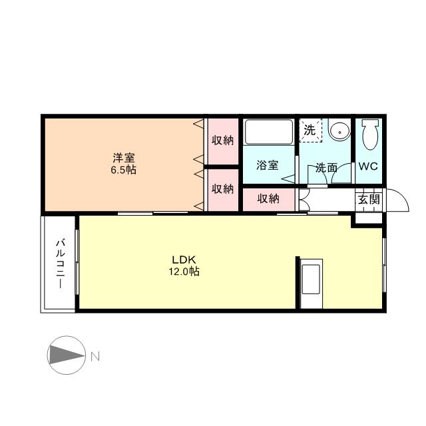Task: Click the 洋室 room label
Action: pyautogui.click(x=123, y=158)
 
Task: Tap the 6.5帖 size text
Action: pyautogui.click(x=123, y=170)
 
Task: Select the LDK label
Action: pyautogui.click(x=183, y=260)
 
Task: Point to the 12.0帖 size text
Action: pyautogui.click(x=183, y=272)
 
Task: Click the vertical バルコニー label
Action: pyautogui.click(x=59, y=263)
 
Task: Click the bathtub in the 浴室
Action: pyautogui.click(x=268, y=132)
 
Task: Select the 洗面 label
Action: pyautogui.click(x=325, y=168)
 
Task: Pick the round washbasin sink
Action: pyautogui.click(x=339, y=130)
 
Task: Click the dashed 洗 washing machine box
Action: pyautogui.click(x=310, y=130)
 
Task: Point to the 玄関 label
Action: pyautogui.click(x=369, y=199)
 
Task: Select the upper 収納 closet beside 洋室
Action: pyautogui.click(x=223, y=140)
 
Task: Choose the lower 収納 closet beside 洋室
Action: pyautogui.click(x=223, y=189)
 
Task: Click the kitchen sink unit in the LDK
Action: pyautogui.click(x=311, y=280)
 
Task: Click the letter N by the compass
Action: pyautogui.click(x=95, y=356)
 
